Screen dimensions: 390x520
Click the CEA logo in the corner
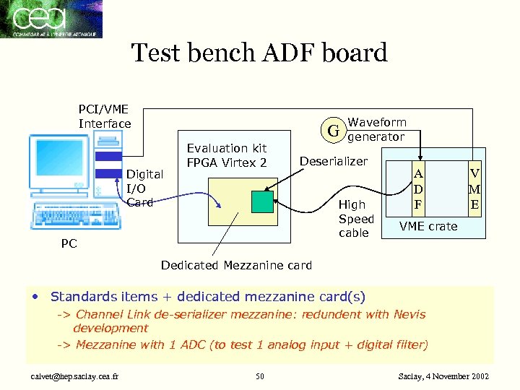[x=51, y=19]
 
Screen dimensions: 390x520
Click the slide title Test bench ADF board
[x=259, y=53]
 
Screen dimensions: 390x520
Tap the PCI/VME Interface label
[x=105, y=116]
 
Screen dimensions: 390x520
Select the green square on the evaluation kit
[x=264, y=201]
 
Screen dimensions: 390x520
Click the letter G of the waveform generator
[x=333, y=131]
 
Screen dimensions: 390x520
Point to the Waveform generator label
[x=376, y=129]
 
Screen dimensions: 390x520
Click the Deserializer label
[x=334, y=161]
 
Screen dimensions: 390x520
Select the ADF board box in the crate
[x=417, y=189]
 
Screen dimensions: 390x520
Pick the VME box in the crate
[x=474, y=189]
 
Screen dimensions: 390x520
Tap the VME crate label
[x=428, y=226]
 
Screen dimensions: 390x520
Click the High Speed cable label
[x=356, y=219]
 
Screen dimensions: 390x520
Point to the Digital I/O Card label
[x=144, y=188]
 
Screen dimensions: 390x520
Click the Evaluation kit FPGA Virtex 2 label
[x=227, y=155]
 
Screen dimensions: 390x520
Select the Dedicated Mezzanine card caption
[x=236, y=265]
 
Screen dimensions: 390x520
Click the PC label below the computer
[x=69, y=244]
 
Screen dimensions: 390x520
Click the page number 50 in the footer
[x=259, y=376]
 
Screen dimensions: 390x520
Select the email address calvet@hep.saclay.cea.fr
[x=71, y=376]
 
